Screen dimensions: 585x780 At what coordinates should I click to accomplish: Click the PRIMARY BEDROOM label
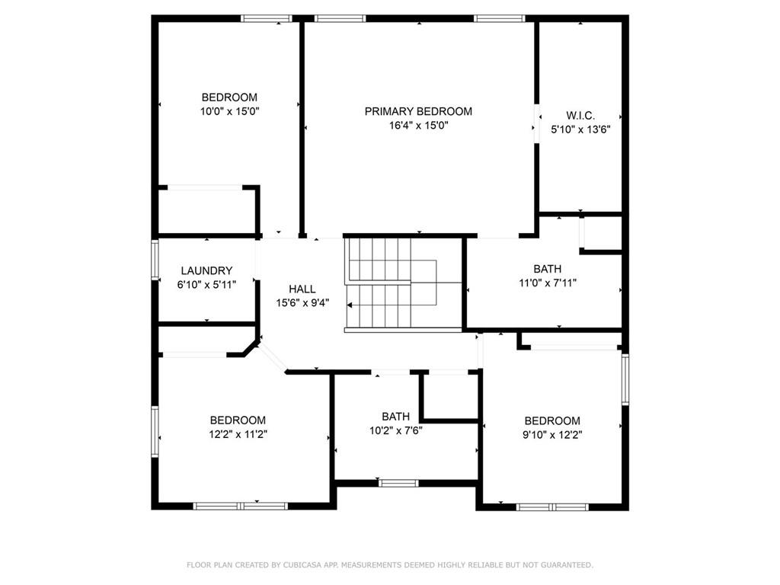point(417,111)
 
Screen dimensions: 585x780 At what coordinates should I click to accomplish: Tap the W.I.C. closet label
point(580,116)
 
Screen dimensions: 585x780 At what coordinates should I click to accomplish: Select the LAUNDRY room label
point(206,270)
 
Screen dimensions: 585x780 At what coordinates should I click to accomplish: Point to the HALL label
point(302,289)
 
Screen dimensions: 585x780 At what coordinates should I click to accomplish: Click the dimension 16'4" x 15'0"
point(417,125)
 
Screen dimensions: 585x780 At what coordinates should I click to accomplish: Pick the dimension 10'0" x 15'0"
point(229,111)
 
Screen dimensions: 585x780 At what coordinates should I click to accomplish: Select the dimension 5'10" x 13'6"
point(580,129)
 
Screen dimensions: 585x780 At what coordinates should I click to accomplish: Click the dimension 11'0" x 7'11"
point(547,283)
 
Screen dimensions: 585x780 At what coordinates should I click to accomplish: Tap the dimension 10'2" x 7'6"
point(395,430)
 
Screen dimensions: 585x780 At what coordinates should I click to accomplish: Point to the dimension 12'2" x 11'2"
point(238,434)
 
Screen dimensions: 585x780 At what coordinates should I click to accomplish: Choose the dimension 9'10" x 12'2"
point(551,434)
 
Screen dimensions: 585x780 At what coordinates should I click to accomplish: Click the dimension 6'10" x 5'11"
point(206,284)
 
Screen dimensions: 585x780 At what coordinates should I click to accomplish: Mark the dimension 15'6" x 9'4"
point(302,302)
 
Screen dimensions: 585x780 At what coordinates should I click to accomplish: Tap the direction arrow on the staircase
point(350,305)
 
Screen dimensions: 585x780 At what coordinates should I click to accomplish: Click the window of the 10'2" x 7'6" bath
point(398,482)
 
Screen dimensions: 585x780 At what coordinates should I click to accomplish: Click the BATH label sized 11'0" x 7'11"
point(547,269)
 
